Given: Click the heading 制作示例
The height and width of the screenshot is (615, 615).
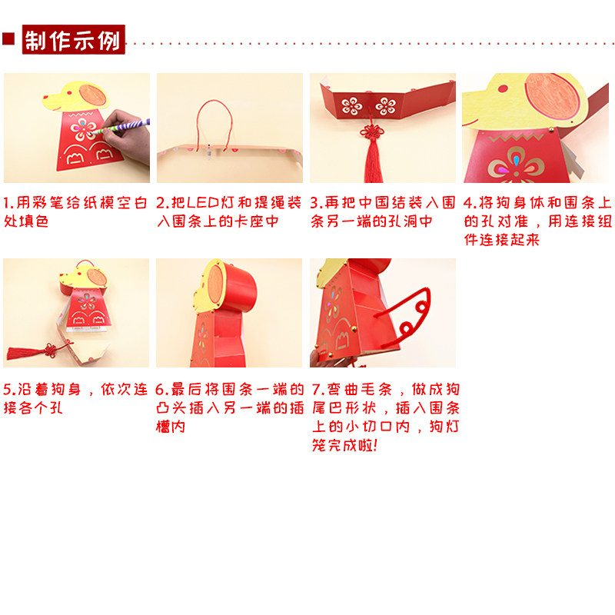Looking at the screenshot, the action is click(x=73, y=40).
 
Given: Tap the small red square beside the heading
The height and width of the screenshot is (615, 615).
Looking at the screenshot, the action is click(x=8, y=39).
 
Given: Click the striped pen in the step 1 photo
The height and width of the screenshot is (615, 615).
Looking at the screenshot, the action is click(x=121, y=126).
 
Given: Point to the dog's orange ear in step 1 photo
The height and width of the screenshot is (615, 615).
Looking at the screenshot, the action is click(x=92, y=95).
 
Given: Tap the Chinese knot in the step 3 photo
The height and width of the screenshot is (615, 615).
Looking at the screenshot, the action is click(x=371, y=131).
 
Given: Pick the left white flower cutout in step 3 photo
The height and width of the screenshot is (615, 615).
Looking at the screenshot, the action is click(x=352, y=106).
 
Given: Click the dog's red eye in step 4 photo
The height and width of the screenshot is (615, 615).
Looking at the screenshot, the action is click(x=503, y=88).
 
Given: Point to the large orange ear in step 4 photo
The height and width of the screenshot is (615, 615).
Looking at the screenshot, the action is click(x=552, y=97).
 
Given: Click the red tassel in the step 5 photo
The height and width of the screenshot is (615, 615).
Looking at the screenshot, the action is click(x=25, y=353).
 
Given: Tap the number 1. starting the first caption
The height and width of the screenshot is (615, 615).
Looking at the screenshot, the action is click(x=8, y=203).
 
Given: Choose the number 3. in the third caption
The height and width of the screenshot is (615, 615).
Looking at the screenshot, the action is click(x=316, y=203).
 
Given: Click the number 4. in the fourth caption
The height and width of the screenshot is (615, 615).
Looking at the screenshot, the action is click(x=470, y=203).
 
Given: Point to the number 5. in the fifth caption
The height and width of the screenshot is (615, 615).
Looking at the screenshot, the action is click(x=9, y=390).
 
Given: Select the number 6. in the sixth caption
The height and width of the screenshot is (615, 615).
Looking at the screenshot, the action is click(x=162, y=390).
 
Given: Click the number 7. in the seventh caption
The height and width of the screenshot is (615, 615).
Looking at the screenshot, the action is click(x=318, y=390).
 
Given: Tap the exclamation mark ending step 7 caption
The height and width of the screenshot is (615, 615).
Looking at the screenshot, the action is click(x=375, y=446).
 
